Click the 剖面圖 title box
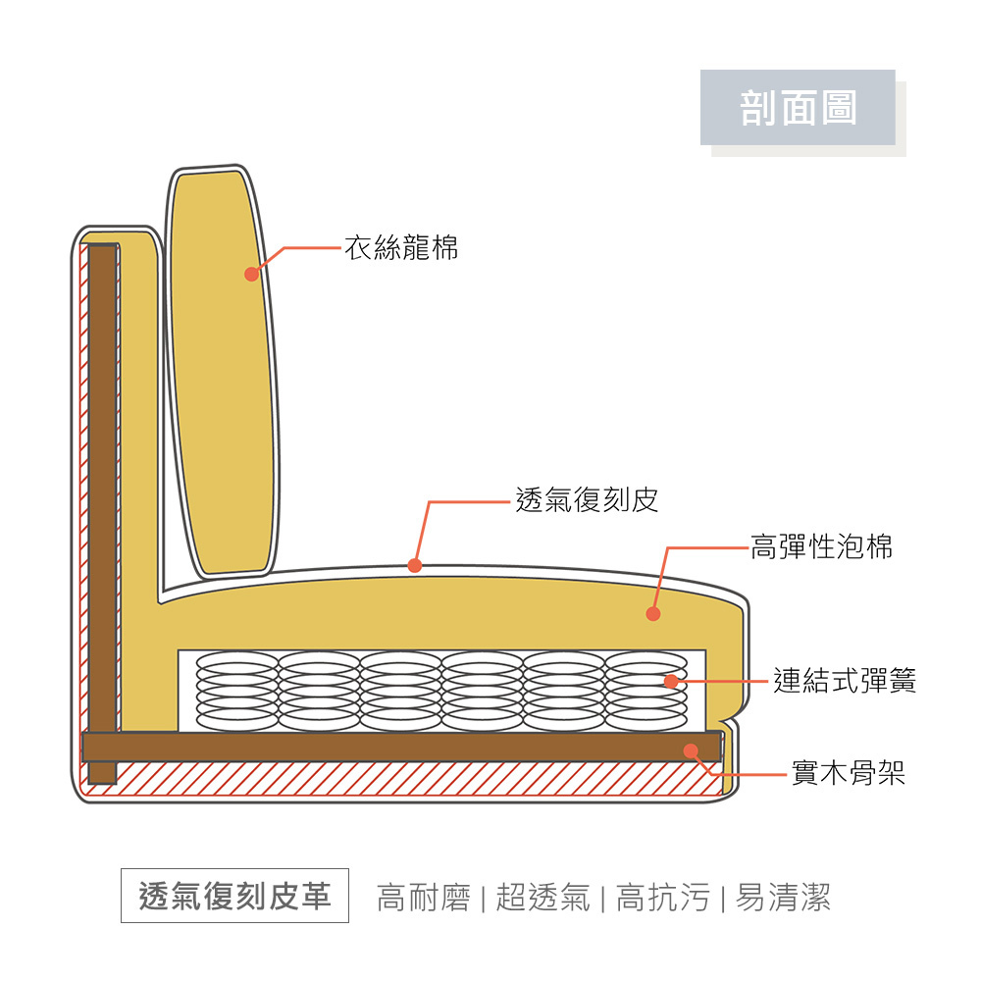click(x=798, y=107)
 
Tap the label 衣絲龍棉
click(x=400, y=248)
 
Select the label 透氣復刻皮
click(x=587, y=500)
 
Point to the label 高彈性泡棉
click(x=821, y=546)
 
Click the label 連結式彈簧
click(x=845, y=681)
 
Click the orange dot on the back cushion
click(x=251, y=274)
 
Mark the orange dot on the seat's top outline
click(x=415, y=565)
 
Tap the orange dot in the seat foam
click(x=653, y=614)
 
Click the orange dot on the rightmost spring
click(x=671, y=681)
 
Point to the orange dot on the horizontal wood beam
click(x=691, y=750)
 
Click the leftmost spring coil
click(x=236, y=691)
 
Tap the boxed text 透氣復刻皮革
click(x=234, y=896)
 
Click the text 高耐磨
click(x=423, y=897)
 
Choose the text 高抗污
click(x=662, y=897)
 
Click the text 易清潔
click(x=782, y=897)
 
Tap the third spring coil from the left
click(x=400, y=691)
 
